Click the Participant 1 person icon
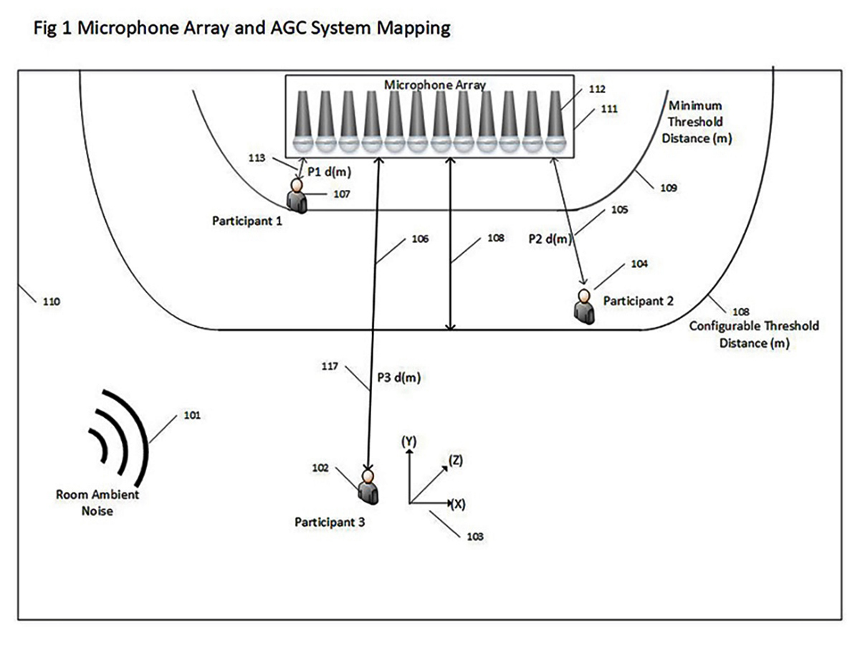pos(297,196)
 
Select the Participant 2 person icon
pos(584,307)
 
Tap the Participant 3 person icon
pos(368,487)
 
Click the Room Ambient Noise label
pos(97,502)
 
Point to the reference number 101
pos(192,415)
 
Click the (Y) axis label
pos(409,441)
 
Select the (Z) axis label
pos(456,460)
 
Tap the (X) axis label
pos(458,504)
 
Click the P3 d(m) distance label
pos(399,378)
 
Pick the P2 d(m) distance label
pos(550,239)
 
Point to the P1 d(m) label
pos(329,172)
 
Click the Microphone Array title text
pos(434,85)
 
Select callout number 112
pos(597,90)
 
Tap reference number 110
pos(52,302)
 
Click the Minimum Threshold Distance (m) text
pos(697,122)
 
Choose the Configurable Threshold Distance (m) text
pos(754,335)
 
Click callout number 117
pos(330,366)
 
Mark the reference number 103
pos(475,537)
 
